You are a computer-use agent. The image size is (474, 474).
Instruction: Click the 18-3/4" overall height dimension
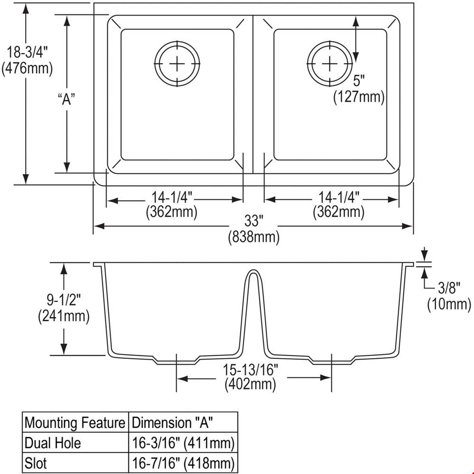click(x=27, y=52)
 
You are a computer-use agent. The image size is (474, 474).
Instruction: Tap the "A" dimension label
click(x=66, y=99)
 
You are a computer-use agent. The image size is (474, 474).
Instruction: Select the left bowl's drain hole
click(x=177, y=63)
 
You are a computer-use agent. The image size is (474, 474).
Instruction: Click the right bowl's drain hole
click(x=329, y=63)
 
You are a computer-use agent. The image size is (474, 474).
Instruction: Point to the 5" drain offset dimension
click(x=359, y=80)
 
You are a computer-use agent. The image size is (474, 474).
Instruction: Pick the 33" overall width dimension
click(x=254, y=221)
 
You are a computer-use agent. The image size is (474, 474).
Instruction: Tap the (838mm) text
click(x=254, y=237)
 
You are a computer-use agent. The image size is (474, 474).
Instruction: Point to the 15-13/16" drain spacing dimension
click(x=250, y=369)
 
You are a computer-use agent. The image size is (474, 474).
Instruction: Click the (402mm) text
click(x=250, y=385)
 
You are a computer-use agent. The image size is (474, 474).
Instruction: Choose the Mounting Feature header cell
click(x=75, y=422)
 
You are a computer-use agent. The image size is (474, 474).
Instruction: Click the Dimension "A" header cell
click(x=183, y=422)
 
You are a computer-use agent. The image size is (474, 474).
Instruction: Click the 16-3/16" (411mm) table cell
click(x=183, y=443)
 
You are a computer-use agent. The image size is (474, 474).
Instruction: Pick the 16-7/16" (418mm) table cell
click(x=183, y=463)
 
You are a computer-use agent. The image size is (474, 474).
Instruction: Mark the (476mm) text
click(x=27, y=69)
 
